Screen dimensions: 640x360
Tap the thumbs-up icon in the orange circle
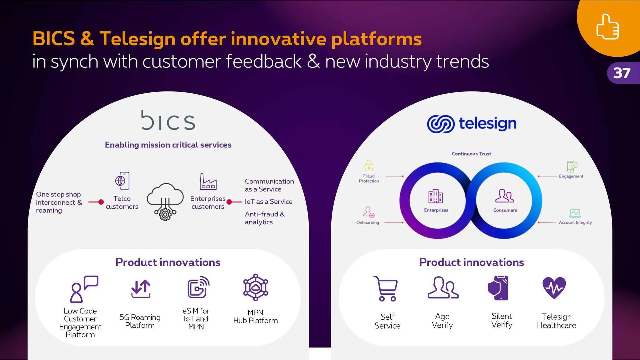pos(608,27)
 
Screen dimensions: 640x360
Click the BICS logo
pos(168,120)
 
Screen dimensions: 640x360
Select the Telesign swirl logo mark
pos(441,124)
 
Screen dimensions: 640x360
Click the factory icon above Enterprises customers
pos(208,181)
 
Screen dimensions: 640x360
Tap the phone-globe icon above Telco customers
pos(122,181)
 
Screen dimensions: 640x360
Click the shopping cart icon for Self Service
pos(386,289)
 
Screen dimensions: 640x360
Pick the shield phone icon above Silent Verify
pos(498,288)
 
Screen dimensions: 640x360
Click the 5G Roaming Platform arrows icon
pos(141,289)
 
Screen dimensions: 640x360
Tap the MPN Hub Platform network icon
pos(256,287)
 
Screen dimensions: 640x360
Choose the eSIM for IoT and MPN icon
pos(198,287)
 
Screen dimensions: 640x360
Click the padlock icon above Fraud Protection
pos(369,166)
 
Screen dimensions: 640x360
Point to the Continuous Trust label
pos(471,154)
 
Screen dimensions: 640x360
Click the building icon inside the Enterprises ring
pos(436,196)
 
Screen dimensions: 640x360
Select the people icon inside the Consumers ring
pos(505,196)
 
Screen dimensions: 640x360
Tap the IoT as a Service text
pos(269,202)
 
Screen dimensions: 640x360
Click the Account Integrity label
pos(575,222)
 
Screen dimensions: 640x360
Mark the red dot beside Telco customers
pos(101,202)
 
